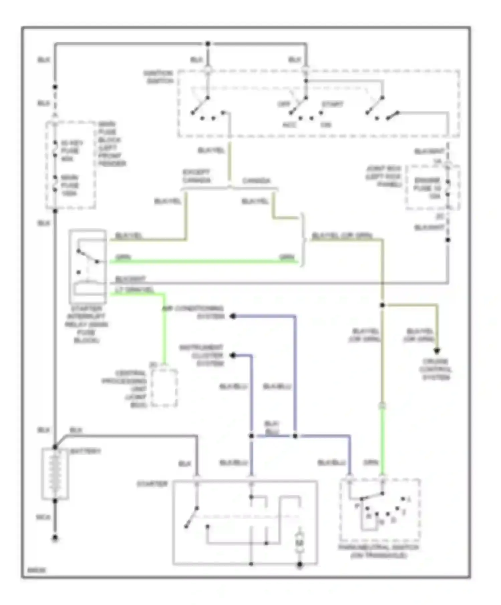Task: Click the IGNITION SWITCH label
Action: tap(158, 77)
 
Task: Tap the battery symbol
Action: tap(55, 474)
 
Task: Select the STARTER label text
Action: tap(152, 484)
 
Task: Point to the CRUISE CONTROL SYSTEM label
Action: tap(437, 369)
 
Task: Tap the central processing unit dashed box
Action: tap(164, 388)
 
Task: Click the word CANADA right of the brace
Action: tap(256, 181)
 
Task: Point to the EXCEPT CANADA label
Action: tap(196, 176)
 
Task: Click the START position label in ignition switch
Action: tap(332, 104)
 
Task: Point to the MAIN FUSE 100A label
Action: tap(69, 185)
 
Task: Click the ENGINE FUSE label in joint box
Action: tap(432, 188)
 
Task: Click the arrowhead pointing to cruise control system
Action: tap(437, 351)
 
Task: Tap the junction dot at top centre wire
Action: tap(208, 44)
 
